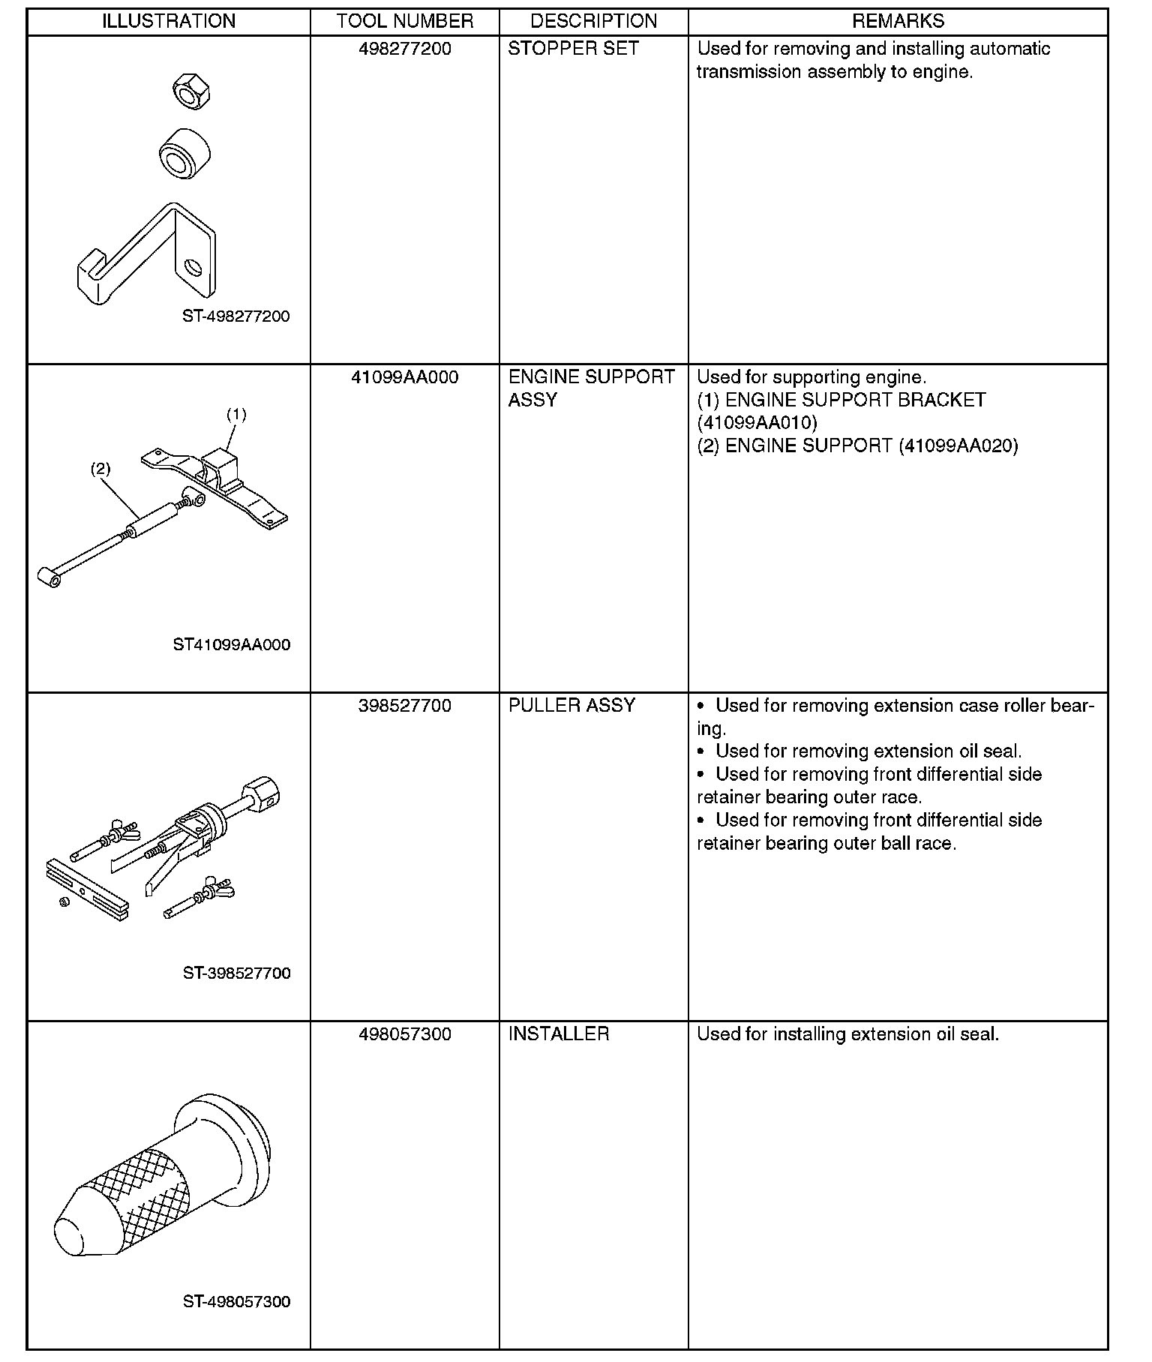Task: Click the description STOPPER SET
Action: [x=573, y=49]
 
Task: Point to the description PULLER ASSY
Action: [x=571, y=706]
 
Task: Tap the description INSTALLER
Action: [x=559, y=1034]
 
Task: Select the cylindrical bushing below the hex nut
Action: [x=184, y=153]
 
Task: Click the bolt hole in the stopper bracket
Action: [x=193, y=266]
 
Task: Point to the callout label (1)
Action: [x=237, y=414]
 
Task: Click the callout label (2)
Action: [x=100, y=469]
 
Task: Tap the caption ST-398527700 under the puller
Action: [x=236, y=973]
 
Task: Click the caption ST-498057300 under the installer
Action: [x=236, y=1301]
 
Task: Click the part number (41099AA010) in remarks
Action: [x=757, y=423]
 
